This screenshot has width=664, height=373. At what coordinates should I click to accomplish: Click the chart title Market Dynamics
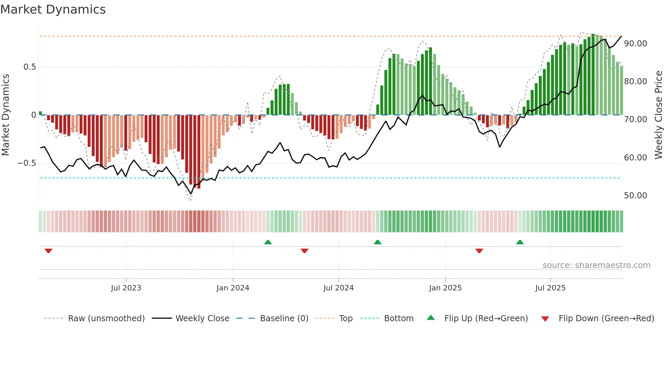(53, 9)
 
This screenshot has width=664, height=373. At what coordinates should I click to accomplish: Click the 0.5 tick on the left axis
(29, 67)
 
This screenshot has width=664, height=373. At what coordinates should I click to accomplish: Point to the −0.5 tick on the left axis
(26, 163)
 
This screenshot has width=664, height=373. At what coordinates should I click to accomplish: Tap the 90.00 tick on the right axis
(635, 44)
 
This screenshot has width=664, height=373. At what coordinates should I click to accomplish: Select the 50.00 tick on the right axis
(635, 196)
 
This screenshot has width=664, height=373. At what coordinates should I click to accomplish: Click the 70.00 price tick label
(635, 119)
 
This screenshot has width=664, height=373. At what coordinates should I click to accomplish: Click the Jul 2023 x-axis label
(126, 288)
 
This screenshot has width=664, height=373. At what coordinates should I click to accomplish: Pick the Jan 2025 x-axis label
(445, 288)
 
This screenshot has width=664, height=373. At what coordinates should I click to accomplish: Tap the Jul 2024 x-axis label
(338, 288)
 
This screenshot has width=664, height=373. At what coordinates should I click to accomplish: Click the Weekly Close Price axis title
(658, 115)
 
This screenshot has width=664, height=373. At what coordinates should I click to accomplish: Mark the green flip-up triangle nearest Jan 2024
(268, 242)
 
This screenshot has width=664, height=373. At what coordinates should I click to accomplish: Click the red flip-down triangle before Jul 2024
(305, 251)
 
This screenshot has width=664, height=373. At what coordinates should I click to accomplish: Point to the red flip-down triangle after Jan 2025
(479, 251)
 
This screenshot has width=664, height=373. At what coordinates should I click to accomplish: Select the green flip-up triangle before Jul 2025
(520, 242)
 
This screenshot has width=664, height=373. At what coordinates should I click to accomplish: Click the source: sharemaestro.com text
(596, 265)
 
